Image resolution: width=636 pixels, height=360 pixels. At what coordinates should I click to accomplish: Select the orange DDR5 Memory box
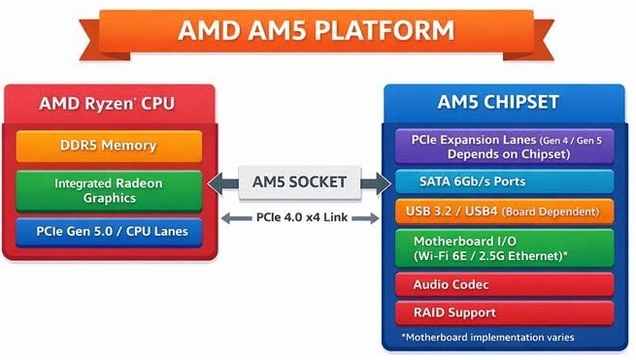click(109, 146)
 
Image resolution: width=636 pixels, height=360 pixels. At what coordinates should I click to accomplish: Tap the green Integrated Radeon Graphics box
click(109, 190)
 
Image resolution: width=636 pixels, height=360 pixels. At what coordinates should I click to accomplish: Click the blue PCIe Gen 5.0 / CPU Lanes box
click(109, 232)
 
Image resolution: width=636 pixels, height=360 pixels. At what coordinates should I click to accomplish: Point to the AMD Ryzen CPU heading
click(109, 104)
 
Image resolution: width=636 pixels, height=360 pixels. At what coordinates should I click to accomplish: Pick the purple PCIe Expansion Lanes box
click(504, 147)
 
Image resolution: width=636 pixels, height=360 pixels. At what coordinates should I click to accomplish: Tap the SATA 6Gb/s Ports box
click(504, 181)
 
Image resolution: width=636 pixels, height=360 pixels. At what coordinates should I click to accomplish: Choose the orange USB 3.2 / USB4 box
click(504, 213)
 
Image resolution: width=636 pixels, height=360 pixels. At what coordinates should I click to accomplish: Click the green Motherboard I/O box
click(504, 248)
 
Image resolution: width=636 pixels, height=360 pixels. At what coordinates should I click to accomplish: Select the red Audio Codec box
click(504, 285)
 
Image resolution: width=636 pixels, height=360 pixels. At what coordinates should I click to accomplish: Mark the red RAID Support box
click(504, 312)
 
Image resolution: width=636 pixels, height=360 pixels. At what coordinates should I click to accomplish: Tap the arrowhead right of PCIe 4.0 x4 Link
click(375, 217)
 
